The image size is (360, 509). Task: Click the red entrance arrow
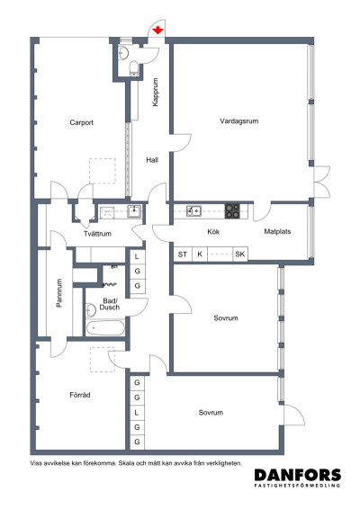coord(157,31)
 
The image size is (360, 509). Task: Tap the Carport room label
coord(82,122)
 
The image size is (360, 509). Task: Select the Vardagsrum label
coord(239,121)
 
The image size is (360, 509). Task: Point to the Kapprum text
coord(156,92)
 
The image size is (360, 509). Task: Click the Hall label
coord(152,160)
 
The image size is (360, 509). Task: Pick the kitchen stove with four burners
coord(232,211)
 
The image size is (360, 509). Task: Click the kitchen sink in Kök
coord(193,211)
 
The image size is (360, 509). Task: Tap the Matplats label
coord(277,231)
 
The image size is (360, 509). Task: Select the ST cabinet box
coord(183,254)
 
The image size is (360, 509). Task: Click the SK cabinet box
coord(240,254)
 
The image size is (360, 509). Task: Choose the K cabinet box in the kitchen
coord(200,254)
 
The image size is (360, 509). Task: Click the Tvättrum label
coord(97,234)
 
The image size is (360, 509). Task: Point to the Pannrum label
coord(59,293)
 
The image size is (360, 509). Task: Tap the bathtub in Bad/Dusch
coord(105,327)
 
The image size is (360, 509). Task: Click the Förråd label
coord(80,395)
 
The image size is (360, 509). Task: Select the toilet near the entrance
coord(134,68)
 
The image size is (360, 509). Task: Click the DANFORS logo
coord(298,478)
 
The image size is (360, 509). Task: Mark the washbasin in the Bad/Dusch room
coord(90,310)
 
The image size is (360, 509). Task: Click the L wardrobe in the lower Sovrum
coord(137,412)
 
